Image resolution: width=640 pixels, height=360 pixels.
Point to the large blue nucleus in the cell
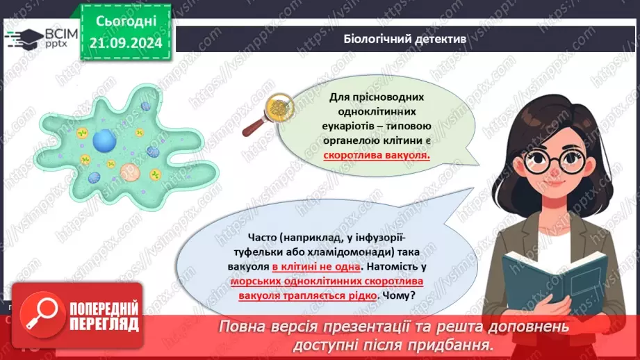pos(104,142)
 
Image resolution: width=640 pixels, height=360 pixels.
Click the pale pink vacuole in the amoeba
pos(129,173)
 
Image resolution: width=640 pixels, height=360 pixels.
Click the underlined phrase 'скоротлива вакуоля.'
pos(377,156)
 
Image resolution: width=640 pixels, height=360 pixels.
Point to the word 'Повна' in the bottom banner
pos(241,327)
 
